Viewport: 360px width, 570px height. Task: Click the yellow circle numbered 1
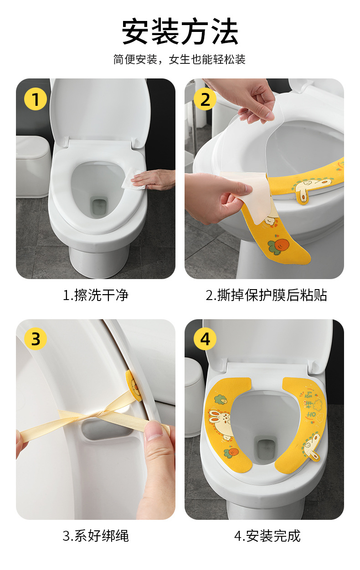point(36,99)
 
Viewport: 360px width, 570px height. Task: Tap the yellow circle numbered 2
point(205,99)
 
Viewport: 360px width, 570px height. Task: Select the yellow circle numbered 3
point(36,339)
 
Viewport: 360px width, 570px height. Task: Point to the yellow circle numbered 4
point(205,339)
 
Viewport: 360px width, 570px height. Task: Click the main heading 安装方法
point(180,31)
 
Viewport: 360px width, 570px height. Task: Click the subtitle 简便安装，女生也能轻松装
point(180,60)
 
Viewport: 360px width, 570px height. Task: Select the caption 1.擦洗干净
point(96,295)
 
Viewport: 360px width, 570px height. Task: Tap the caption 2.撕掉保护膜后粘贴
point(266,295)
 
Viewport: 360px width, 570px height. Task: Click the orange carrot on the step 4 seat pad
point(231,452)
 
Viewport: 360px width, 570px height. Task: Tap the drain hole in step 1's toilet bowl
point(99,207)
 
